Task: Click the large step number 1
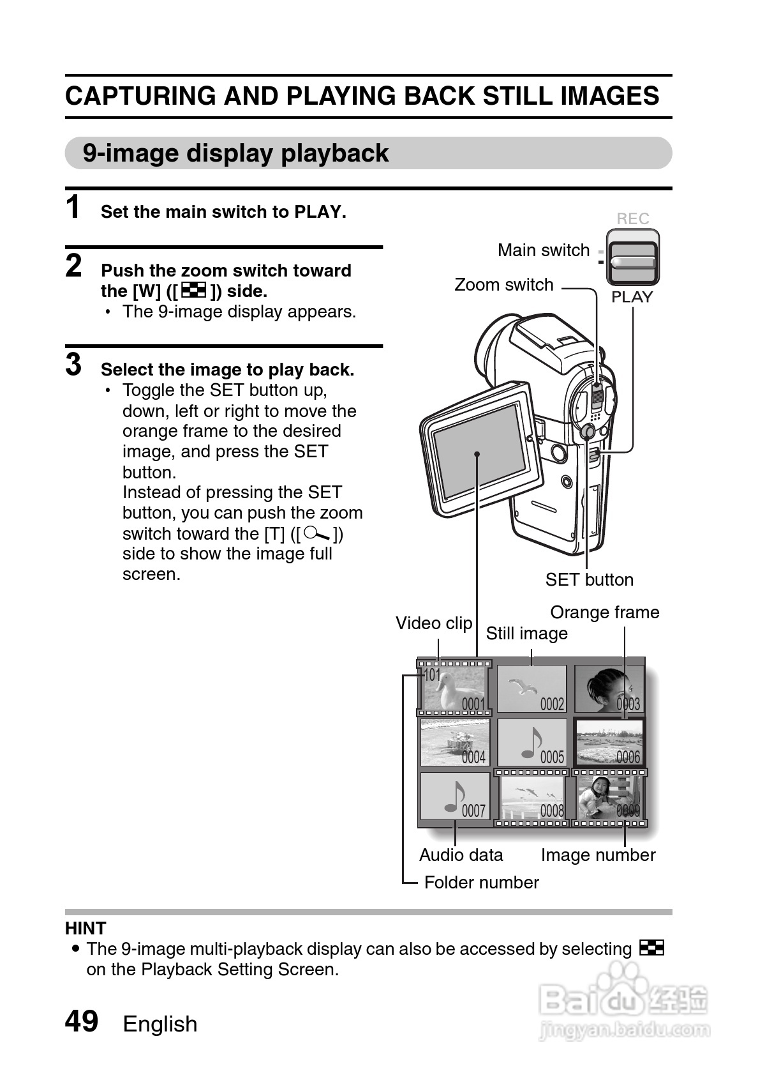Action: [x=74, y=208]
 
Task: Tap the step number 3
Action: [x=74, y=365]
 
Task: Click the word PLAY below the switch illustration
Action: [x=632, y=297]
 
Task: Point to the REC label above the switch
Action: [x=632, y=219]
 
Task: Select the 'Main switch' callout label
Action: [x=544, y=250]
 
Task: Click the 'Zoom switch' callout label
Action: [x=503, y=285]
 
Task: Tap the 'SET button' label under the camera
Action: [x=589, y=580]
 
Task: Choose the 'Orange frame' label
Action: [x=604, y=613]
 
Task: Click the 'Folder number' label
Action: [x=481, y=883]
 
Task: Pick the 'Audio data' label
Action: [x=461, y=855]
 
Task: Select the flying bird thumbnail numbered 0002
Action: [x=531, y=689]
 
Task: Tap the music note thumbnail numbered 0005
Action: [x=531, y=743]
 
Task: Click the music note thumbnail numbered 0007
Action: [x=455, y=796]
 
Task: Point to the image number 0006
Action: [x=628, y=757]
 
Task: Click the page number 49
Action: [x=82, y=1021]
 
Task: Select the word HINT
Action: [x=85, y=929]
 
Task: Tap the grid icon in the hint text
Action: [x=651, y=948]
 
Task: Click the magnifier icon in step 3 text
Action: [x=317, y=533]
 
